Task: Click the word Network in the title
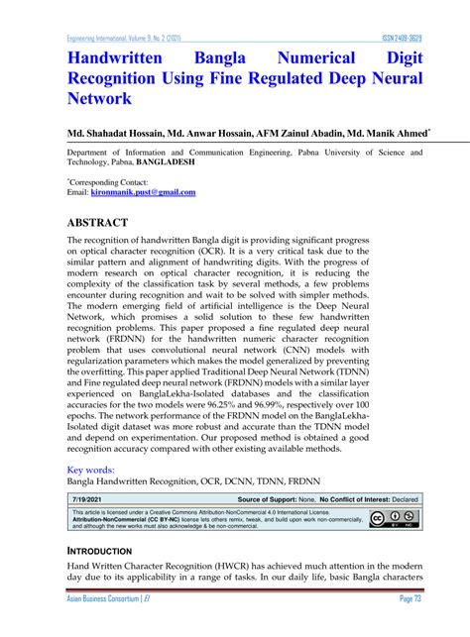point(99,99)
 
